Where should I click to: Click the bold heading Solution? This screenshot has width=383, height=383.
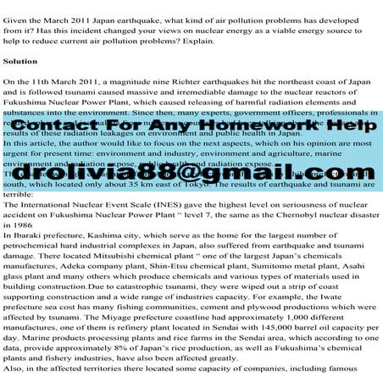20,62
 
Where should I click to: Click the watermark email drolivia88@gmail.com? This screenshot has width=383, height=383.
191,173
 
